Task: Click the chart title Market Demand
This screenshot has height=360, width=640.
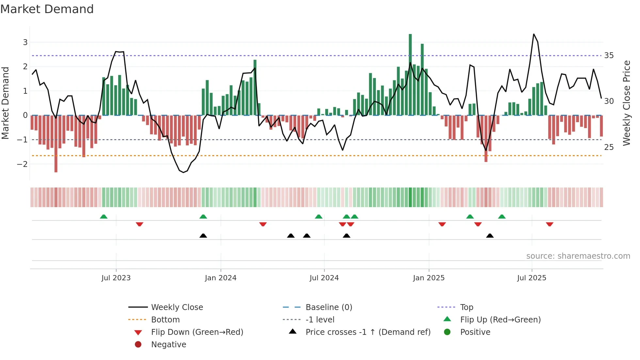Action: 47,9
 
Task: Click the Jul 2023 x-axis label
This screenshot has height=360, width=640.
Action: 116,278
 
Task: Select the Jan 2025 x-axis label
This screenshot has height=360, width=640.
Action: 429,278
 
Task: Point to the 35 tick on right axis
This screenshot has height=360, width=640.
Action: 609,56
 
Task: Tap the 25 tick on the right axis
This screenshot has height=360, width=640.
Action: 609,147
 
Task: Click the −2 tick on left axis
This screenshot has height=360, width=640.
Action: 22,164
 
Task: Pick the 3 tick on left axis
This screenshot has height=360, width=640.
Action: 25,42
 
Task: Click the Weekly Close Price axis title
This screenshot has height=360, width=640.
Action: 626,103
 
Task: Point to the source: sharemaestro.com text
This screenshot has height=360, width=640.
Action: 578,256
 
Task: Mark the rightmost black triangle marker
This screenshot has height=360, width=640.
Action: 490,236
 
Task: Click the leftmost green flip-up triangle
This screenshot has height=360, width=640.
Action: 104,217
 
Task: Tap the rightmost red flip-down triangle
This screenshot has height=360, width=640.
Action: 550,224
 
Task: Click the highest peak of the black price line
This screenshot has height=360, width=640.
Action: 534,34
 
